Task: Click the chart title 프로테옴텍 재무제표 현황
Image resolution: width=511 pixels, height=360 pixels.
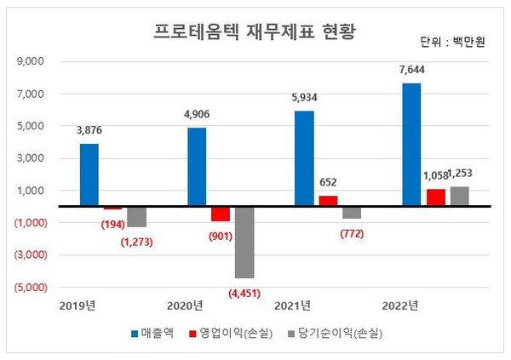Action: (254, 31)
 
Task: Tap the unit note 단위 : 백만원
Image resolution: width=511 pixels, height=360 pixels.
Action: (452, 42)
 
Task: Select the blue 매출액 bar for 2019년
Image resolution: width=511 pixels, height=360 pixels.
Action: (89, 174)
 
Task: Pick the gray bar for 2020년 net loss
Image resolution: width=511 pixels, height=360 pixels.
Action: (244, 242)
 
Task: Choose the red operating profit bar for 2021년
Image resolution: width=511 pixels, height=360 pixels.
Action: (328, 201)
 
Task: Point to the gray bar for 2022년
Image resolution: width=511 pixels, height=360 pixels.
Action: (460, 196)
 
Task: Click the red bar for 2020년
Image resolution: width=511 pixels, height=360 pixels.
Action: (221, 214)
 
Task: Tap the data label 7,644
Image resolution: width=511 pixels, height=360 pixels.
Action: (411, 71)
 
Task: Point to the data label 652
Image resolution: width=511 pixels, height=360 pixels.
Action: (328, 182)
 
